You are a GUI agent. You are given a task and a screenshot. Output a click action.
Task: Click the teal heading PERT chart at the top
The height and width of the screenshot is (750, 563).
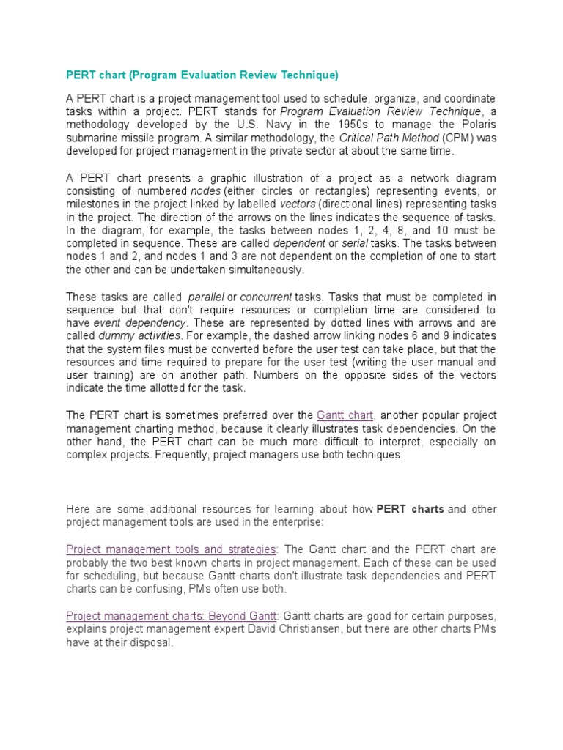tap(202, 75)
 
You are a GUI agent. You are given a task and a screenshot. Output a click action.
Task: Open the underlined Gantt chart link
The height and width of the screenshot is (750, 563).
tap(345, 415)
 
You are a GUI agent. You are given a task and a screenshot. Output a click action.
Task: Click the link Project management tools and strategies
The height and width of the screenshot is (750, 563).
tap(171, 549)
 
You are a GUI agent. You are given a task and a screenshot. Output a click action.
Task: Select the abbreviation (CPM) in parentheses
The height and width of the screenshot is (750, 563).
tap(448, 138)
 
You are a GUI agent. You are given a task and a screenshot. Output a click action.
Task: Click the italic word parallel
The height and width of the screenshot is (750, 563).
tap(206, 297)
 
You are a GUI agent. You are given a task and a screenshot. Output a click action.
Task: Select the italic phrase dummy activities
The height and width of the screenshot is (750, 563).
tap(139, 336)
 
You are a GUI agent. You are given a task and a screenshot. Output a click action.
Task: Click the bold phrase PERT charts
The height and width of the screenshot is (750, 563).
tap(410, 509)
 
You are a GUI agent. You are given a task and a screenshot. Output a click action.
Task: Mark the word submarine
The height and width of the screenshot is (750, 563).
tap(91, 138)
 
